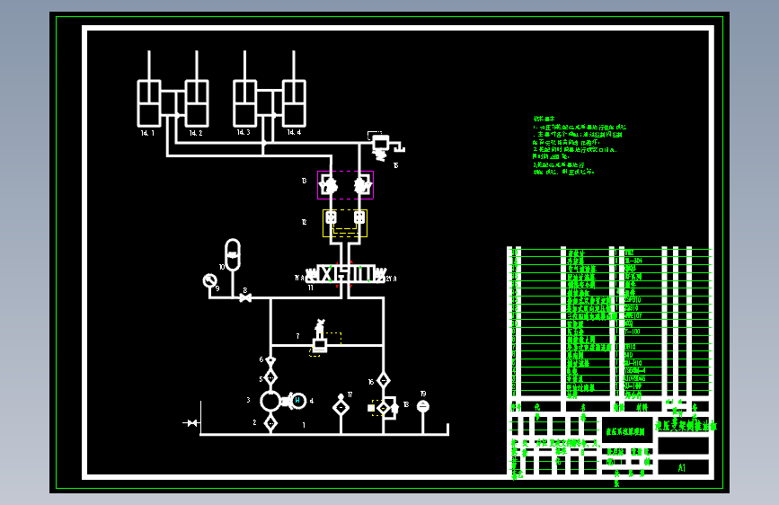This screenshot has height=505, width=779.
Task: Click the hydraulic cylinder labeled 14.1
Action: click(147, 103)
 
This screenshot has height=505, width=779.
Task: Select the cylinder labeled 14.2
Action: click(197, 103)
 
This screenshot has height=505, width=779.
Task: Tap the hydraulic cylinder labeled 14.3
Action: click(243, 103)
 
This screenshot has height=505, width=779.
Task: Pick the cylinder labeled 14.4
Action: click(294, 103)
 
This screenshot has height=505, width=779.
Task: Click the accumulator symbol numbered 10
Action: click(233, 255)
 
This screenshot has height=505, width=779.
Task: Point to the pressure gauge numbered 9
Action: click(210, 280)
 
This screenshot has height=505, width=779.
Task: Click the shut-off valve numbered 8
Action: click(244, 297)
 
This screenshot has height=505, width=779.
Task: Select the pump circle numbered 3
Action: click(270, 401)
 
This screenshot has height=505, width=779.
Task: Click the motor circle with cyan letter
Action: click(297, 401)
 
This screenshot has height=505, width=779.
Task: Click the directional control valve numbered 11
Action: click(346, 274)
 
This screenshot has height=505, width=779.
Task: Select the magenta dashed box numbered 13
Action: click(345, 184)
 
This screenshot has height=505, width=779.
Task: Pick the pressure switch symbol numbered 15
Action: click(381, 145)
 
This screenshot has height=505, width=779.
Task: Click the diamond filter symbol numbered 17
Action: click(341, 407)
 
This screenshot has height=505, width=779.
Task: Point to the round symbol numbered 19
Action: click(423, 406)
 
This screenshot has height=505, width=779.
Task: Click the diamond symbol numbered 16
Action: click(383, 380)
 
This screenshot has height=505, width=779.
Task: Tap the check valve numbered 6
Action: click(270, 361)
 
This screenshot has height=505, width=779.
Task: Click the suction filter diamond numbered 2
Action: click(270, 422)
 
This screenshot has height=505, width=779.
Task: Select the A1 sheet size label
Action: click(681, 467)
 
